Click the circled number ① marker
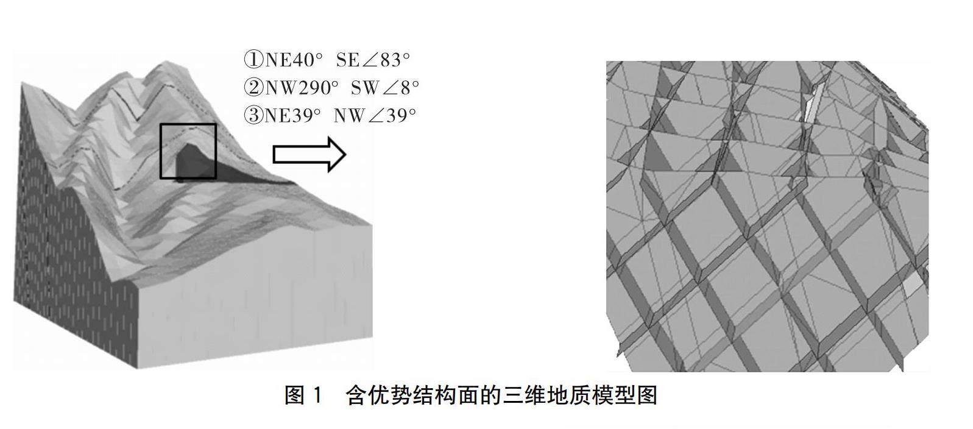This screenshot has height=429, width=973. click(x=253, y=60)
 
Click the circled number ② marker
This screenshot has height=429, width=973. click(x=253, y=88)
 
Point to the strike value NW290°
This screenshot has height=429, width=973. click(x=301, y=88)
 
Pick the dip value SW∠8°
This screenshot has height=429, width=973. click(x=385, y=88)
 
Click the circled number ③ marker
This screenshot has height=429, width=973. click(x=253, y=115)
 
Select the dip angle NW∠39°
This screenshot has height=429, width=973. click(x=375, y=115)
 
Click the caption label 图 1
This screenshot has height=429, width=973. click(x=303, y=396)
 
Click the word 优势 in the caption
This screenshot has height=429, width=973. click(x=390, y=396)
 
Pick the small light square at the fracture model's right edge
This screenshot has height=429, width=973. click(x=912, y=286)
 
